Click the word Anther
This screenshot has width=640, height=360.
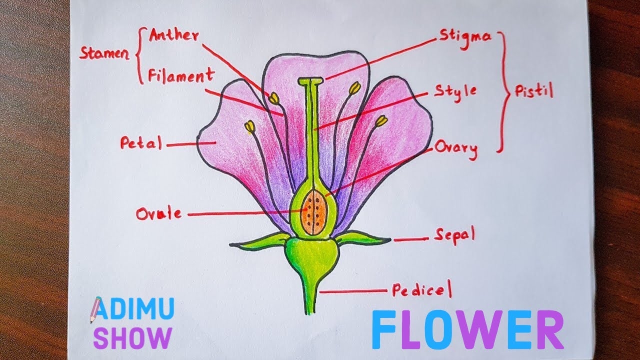[x=174, y=36]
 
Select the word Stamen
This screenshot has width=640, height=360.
[x=104, y=54]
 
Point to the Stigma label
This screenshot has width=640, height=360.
[x=465, y=36]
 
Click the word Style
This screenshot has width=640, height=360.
[x=455, y=91]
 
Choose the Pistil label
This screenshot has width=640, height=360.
[x=534, y=92]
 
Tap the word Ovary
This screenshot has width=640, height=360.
[x=456, y=148]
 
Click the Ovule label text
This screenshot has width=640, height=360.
[x=159, y=214]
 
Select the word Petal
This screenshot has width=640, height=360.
[x=141, y=144]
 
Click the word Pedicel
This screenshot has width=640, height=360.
[x=421, y=290]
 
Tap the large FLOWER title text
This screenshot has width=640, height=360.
[x=467, y=330]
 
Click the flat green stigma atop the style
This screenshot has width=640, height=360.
[x=310, y=80]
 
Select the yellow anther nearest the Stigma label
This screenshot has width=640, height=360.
[x=354, y=88]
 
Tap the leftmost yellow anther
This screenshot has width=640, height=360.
[x=249, y=127]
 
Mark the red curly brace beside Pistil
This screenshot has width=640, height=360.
[x=504, y=91]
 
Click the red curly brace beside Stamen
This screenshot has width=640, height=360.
[x=139, y=55]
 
